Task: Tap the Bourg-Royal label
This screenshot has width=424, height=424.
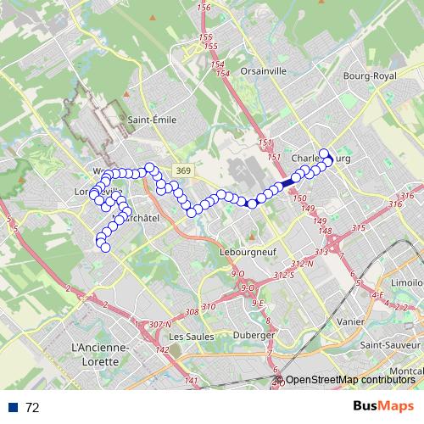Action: (x=370, y=76)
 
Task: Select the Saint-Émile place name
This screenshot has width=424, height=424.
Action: (x=152, y=120)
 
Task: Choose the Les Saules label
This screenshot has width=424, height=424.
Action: (x=189, y=337)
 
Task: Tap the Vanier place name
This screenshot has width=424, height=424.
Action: (x=349, y=321)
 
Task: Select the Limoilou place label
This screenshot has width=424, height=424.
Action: (x=407, y=282)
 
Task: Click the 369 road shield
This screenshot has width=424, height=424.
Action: (x=183, y=170)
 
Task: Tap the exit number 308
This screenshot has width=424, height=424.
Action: (x=192, y=312)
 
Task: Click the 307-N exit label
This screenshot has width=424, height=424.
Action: (x=159, y=324)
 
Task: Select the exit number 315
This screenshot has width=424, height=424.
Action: (x=357, y=228)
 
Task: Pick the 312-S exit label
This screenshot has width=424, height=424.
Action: (x=284, y=276)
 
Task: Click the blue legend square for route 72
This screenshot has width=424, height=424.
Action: (x=14, y=407)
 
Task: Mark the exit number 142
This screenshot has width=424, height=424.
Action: (x=163, y=349)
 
